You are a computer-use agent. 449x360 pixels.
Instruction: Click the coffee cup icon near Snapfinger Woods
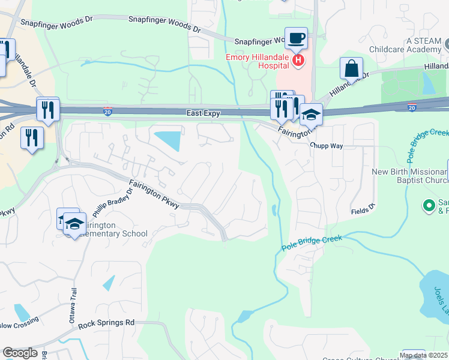295,39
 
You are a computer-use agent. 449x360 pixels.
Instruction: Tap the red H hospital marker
298,61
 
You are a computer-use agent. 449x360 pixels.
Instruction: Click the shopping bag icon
351,68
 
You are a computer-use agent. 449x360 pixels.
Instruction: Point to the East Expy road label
203,113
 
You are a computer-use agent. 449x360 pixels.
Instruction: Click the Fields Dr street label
363,210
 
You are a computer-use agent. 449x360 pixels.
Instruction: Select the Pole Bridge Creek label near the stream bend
312,242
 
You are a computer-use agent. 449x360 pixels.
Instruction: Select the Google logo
20,353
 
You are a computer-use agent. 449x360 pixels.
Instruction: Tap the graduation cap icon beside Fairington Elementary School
74,223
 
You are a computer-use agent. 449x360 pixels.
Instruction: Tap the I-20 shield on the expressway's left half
106,112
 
